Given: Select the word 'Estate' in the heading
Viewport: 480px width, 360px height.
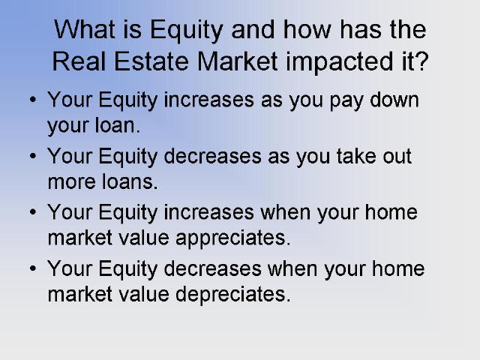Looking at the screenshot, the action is point(151,61).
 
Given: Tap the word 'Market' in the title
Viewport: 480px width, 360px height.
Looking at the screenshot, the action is point(238,61).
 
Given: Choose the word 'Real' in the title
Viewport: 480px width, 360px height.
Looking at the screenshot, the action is point(79,61).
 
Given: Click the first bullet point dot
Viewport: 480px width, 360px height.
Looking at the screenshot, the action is point(33,99).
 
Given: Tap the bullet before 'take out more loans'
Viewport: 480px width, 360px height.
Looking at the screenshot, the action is point(33,155).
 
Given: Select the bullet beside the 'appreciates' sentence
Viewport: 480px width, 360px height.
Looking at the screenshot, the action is point(33,211).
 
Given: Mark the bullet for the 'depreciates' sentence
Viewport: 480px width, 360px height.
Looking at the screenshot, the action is point(33,268).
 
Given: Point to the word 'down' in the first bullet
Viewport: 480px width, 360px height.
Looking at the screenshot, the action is point(394,99).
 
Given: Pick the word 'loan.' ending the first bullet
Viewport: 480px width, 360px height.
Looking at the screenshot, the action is point(117,125).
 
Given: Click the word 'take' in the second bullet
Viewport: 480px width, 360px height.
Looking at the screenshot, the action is point(356,155).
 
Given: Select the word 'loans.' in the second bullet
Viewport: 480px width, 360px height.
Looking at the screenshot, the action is point(130,181).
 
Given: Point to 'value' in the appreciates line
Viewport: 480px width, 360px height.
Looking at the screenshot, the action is point(144,238).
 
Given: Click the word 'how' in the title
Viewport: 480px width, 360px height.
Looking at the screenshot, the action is point(307,29).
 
